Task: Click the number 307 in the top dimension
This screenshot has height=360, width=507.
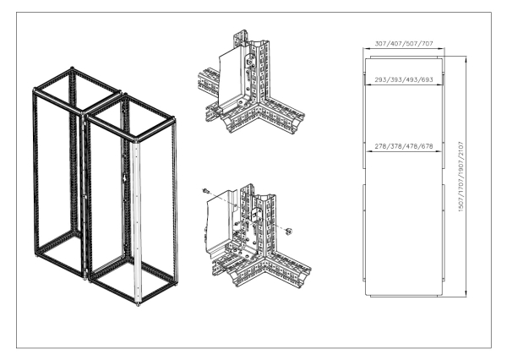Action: pyautogui.click(x=381, y=43)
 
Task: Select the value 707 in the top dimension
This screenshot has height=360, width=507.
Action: pyautogui.click(x=426, y=43)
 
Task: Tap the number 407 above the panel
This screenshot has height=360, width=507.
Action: pyautogui.click(x=395, y=43)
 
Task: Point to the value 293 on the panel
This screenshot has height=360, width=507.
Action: pyautogui.click(x=381, y=79)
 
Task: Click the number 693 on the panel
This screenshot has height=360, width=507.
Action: pyautogui.click(x=426, y=79)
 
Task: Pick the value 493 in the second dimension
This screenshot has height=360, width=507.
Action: pyautogui.click(x=411, y=79)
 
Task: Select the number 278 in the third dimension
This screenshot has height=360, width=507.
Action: pyautogui.click(x=381, y=146)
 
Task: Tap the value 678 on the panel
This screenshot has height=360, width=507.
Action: pyautogui.click(x=426, y=146)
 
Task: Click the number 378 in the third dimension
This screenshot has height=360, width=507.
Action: pyautogui.click(x=395, y=146)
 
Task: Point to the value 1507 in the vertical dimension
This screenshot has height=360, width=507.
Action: pyautogui.click(x=461, y=204)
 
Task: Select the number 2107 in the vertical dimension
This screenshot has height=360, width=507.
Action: pyautogui.click(x=461, y=149)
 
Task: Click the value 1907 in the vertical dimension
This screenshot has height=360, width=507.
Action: pyautogui.click(x=461, y=167)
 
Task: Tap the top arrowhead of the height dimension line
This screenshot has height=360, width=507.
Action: pyautogui.click(x=466, y=58)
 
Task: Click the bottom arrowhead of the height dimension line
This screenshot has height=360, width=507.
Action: pyautogui.click(x=466, y=294)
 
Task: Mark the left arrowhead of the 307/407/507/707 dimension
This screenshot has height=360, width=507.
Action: pyautogui.click(x=365, y=48)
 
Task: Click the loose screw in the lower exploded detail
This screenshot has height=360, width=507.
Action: pyautogui.click(x=205, y=191)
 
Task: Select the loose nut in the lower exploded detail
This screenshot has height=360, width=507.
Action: pyautogui.click(x=289, y=231)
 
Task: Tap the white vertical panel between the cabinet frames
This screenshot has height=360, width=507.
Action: pyautogui.click(x=137, y=223)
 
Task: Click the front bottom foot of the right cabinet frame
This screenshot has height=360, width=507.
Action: pyautogui.click(x=138, y=304)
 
